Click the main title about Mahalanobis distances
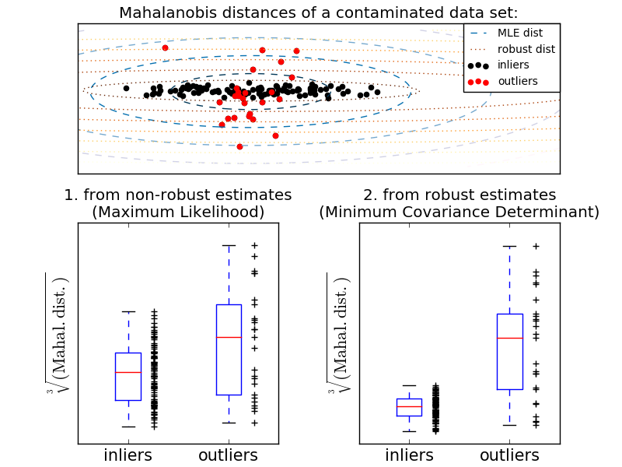pos(318,12)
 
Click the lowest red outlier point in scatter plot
pos(239,146)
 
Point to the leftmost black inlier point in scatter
pos(126,88)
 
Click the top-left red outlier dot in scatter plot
pos(165,47)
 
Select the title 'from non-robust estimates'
pos(178,195)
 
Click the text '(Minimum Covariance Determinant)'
pos(460,212)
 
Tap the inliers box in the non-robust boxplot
pos(128,376)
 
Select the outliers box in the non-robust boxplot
pos(229,349)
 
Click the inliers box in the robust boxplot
pos(409,407)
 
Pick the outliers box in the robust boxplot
pos(509,351)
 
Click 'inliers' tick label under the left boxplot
pos(128,455)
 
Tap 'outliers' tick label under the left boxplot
pos(229,455)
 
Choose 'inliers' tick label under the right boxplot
pos(409,455)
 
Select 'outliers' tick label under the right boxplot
pos(509,455)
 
